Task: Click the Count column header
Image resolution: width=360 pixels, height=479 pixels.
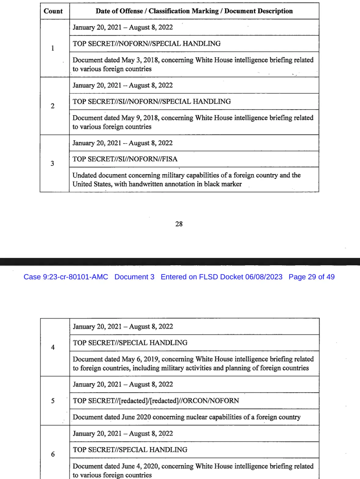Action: pos(53,11)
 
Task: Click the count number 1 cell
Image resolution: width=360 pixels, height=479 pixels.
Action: pos(53,48)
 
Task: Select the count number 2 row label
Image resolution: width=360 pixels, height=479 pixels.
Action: pos(53,106)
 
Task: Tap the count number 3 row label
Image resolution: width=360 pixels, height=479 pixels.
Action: pos(52,163)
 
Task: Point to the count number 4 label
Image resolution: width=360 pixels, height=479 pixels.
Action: pos(53,347)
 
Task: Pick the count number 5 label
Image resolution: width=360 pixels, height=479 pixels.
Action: pos(53,401)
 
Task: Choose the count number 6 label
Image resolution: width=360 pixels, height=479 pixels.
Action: pos(53,454)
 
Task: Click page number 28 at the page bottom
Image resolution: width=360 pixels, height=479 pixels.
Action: pos(179,224)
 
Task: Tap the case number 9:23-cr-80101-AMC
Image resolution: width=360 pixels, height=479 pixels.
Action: pos(75,277)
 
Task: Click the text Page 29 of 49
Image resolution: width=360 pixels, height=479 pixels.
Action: pos(311,277)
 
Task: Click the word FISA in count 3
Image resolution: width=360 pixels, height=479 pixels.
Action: pos(170,159)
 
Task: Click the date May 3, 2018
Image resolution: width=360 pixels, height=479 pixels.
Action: pos(140,60)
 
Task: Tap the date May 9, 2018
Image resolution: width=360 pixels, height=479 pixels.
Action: pos(140,118)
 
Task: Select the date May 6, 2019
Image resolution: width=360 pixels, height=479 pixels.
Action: pos(140,359)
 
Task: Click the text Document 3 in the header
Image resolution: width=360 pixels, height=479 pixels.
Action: pos(134,277)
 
